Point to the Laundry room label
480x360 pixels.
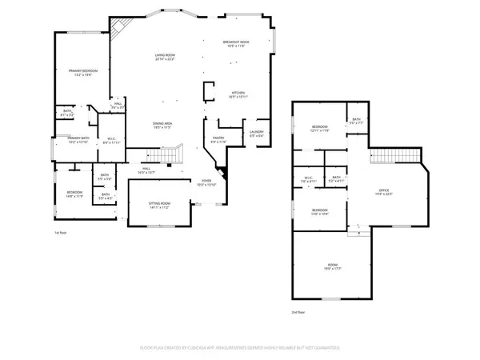tap(257, 133)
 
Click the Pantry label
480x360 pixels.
tap(218, 140)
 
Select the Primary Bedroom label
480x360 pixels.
tap(82, 73)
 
